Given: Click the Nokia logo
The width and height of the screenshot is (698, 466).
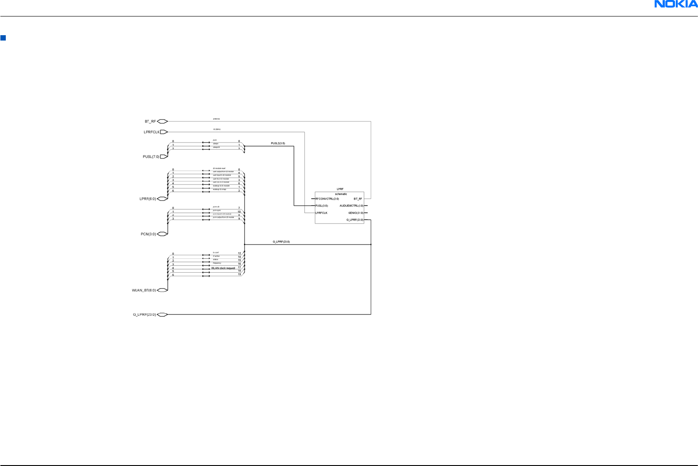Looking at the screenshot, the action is click(x=676, y=4).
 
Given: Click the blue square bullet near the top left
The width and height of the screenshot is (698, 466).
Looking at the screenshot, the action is click(x=3, y=38).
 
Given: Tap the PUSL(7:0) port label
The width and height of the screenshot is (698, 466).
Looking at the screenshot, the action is click(x=151, y=157).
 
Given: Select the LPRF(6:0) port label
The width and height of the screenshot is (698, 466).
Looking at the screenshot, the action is click(x=148, y=199).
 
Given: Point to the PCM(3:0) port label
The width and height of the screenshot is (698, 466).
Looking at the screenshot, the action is click(x=148, y=234).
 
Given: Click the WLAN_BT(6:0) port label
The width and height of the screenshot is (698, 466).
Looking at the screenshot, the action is click(x=144, y=290).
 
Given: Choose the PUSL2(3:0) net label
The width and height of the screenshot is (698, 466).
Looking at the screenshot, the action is click(x=278, y=143).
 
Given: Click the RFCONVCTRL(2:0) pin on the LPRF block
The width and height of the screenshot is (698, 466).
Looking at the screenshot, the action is click(x=327, y=199).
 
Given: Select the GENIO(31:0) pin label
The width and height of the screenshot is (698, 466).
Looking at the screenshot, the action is click(x=356, y=213).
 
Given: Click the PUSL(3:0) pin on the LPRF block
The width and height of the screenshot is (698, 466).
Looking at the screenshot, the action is click(x=322, y=206).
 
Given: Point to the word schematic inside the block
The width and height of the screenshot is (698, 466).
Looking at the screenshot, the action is click(x=341, y=194).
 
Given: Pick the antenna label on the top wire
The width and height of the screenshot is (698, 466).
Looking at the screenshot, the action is click(x=216, y=119).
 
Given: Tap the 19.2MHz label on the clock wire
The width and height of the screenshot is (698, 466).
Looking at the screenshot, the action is click(x=217, y=130).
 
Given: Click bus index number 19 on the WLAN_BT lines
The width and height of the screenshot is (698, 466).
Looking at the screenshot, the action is click(x=239, y=274).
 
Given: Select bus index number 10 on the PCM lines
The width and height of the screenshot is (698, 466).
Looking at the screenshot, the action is click(x=239, y=212).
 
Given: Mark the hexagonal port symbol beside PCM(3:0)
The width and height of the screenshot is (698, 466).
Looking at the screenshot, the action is click(x=162, y=233).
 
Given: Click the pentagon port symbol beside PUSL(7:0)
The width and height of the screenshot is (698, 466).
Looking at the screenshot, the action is click(x=163, y=157).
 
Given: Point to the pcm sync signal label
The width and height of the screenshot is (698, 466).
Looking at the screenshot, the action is click(x=217, y=210).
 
